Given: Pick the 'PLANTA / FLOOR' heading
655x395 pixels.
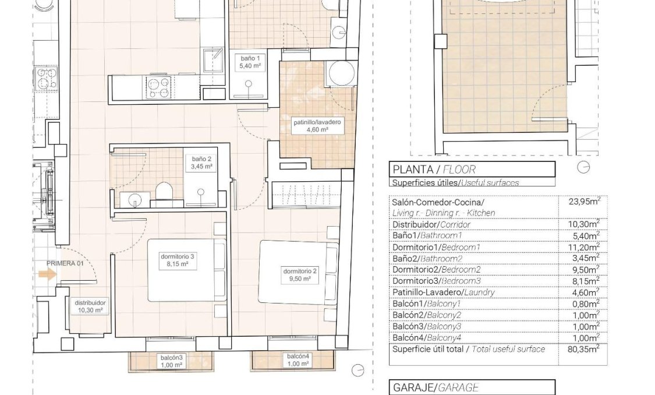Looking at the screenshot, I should point(434,170).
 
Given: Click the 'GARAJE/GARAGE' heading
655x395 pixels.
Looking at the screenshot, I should point(436,387).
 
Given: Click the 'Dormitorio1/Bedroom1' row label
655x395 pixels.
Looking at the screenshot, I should point(436,246).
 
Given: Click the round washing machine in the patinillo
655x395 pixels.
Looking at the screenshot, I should point(339,73).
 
